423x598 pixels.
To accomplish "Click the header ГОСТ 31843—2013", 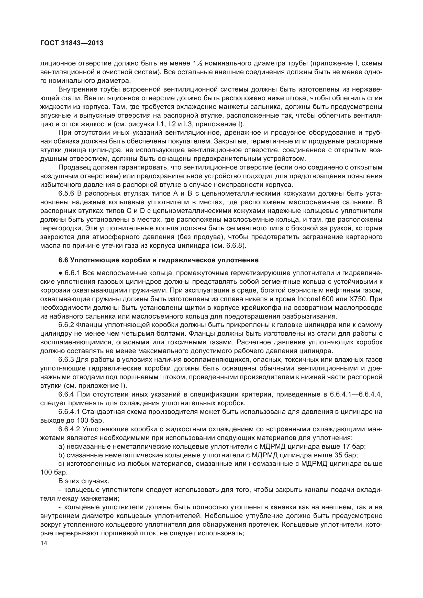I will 72,43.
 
